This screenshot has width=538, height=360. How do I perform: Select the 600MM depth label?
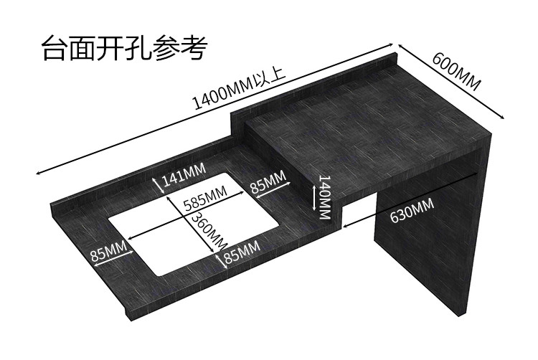[x=456, y=72]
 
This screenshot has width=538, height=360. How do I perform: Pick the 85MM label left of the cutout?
[x=109, y=253]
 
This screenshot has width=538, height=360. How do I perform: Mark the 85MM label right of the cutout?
[x=268, y=183]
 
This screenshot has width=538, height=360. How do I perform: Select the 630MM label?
[x=412, y=210]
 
